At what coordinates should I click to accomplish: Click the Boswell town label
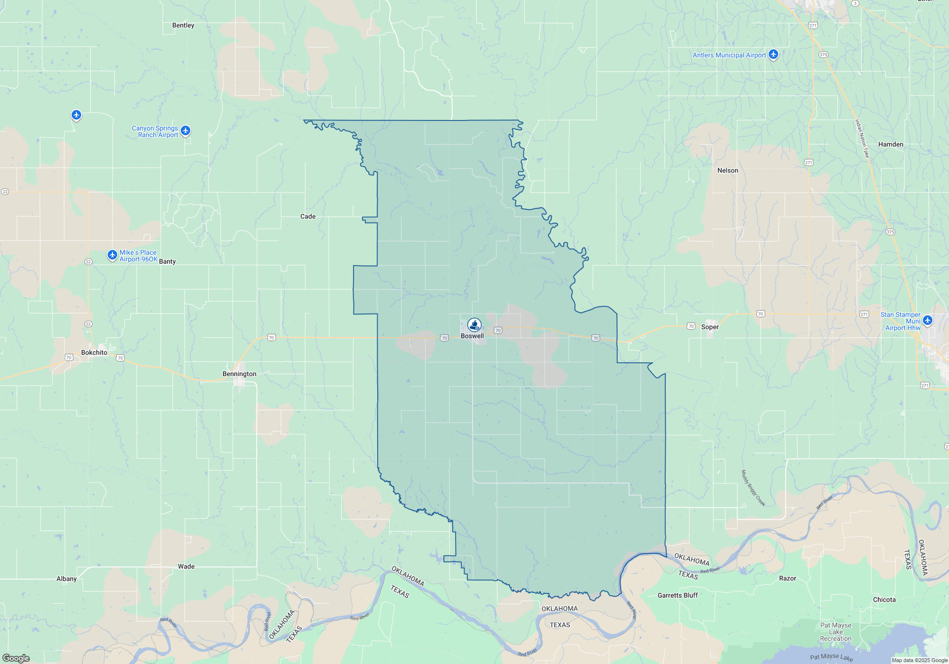tap(472, 336)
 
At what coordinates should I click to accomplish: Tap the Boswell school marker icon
tap(474, 325)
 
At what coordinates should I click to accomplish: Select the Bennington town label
tap(239, 374)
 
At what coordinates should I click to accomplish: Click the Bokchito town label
tap(94, 353)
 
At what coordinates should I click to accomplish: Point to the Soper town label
tap(710, 327)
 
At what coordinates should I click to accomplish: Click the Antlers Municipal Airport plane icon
tap(773, 55)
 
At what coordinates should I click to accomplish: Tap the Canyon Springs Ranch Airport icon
tap(186, 130)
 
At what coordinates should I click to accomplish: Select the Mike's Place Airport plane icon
tap(112, 255)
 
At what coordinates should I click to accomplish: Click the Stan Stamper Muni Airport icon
tap(928, 320)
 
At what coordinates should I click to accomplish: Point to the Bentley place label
tap(183, 26)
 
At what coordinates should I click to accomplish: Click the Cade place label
tap(308, 217)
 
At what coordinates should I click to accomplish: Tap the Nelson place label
tap(727, 171)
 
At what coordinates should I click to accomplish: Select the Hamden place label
tap(891, 145)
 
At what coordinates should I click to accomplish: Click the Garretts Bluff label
tap(678, 596)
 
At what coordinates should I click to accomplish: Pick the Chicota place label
tap(884, 600)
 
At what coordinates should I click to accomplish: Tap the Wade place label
tap(186, 567)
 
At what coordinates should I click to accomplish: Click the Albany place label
tap(66, 579)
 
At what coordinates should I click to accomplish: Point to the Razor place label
tap(788, 579)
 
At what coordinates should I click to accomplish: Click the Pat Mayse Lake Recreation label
tap(836, 632)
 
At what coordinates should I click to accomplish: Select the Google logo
tap(16, 658)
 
